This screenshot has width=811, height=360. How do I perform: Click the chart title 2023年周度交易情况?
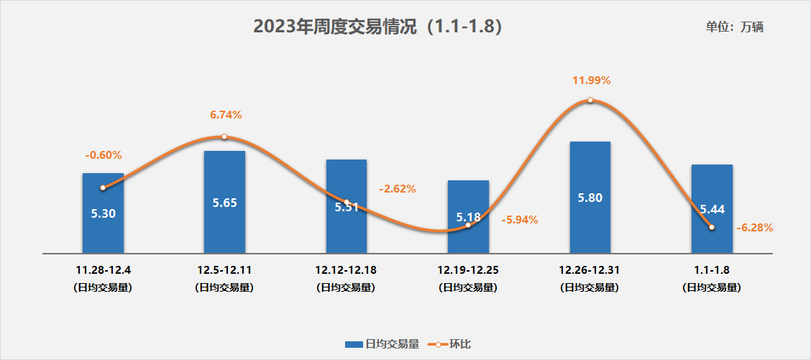point(377,27)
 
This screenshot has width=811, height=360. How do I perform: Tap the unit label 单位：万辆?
point(734,27)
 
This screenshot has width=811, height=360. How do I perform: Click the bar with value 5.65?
point(224,216)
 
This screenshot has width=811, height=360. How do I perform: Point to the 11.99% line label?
point(591,80)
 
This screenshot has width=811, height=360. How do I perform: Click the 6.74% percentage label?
point(226,114)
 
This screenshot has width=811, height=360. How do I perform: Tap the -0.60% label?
point(104,154)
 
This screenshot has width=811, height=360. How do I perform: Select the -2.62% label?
point(398,189)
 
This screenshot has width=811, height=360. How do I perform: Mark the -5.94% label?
point(520,219)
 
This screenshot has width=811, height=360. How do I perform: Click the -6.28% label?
point(755,228)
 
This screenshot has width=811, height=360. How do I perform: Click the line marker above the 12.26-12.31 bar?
point(590,101)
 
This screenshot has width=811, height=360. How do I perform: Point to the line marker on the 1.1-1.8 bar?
point(711,227)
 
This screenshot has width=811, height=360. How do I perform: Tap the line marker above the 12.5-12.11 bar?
point(224,137)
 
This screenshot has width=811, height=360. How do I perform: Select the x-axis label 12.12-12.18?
point(346,270)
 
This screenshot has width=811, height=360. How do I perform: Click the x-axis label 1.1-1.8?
point(711,270)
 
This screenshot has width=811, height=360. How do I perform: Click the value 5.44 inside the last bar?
point(712,209)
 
